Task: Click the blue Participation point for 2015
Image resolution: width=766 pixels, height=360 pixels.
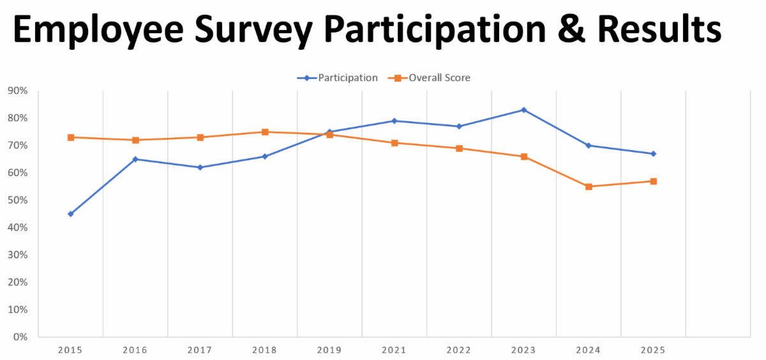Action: click(x=71, y=214)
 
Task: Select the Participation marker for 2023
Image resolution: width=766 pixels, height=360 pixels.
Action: click(x=523, y=110)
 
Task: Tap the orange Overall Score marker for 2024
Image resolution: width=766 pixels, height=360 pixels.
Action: click(x=589, y=186)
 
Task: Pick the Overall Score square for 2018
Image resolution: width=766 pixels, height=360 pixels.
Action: click(x=265, y=132)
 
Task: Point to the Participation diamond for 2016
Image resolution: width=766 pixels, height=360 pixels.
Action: click(x=135, y=160)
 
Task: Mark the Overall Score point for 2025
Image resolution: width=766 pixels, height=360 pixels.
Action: click(x=653, y=181)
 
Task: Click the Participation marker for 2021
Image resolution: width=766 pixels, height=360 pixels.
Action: click(x=394, y=121)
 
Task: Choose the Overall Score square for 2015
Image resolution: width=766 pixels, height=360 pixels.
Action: click(x=71, y=137)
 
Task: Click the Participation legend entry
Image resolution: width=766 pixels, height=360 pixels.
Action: click(x=337, y=78)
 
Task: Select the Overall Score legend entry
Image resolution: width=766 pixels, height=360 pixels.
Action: click(x=429, y=78)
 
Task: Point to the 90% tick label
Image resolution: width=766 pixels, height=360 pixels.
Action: click(x=17, y=91)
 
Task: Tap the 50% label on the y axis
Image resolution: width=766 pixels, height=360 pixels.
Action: click(x=17, y=200)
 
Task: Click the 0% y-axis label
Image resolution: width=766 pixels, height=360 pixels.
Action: click(x=20, y=337)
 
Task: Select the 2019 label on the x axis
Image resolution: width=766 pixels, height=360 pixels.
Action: click(x=329, y=350)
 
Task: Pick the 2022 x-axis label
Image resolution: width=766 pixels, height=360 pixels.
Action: click(x=459, y=350)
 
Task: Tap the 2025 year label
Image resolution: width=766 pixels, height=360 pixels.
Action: click(x=653, y=350)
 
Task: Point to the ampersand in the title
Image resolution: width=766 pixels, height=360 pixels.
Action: click(x=571, y=30)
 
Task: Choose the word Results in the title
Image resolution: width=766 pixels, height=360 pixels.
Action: click(x=659, y=29)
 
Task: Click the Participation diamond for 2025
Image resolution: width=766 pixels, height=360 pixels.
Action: click(x=653, y=154)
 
